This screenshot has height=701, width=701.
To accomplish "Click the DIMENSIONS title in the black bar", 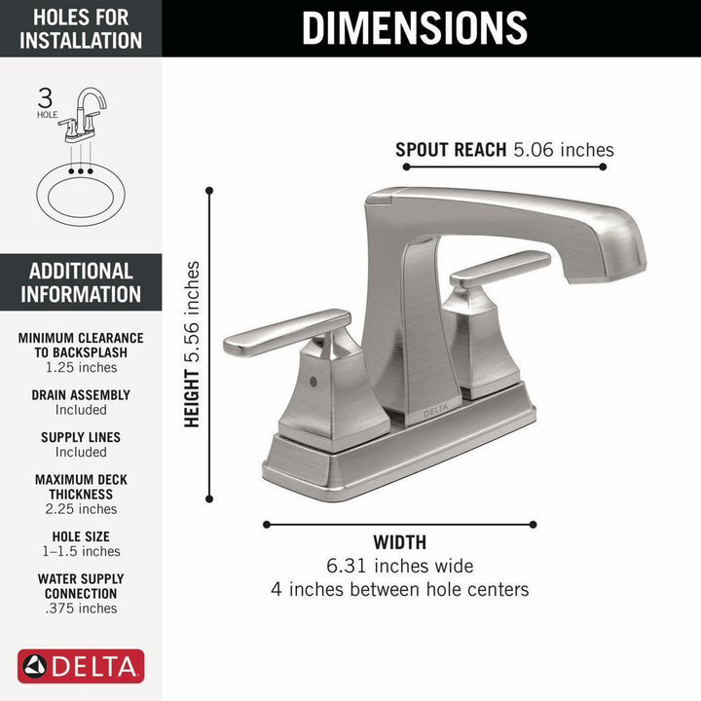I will click(x=414, y=27).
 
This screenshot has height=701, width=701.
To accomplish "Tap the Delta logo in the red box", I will click(x=81, y=667).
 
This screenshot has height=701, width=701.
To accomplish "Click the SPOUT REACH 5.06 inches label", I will click(x=504, y=149).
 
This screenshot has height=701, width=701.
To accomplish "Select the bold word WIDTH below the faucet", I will click(x=399, y=542).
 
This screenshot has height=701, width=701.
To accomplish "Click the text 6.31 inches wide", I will click(x=399, y=566).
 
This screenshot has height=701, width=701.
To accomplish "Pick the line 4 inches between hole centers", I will click(x=399, y=589).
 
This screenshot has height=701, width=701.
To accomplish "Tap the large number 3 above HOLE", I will click(x=45, y=97).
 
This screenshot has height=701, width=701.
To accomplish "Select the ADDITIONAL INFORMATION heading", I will click(x=81, y=282).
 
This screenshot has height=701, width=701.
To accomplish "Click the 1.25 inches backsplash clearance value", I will click(x=81, y=367).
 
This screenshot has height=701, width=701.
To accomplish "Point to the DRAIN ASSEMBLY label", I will click(x=81, y=395).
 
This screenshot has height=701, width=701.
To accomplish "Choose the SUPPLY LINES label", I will click(x=81, y=437).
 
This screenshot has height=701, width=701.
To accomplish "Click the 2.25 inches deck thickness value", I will click(x=81, y=508).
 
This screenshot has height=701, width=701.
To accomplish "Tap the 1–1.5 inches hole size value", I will click(x=81, y=551).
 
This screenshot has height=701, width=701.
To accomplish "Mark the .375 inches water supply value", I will click(x=81, y=609).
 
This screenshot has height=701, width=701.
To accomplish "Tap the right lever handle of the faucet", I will click(x=500, y=268).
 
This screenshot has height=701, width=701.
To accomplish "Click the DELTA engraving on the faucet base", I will click(x=435, y=412).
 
